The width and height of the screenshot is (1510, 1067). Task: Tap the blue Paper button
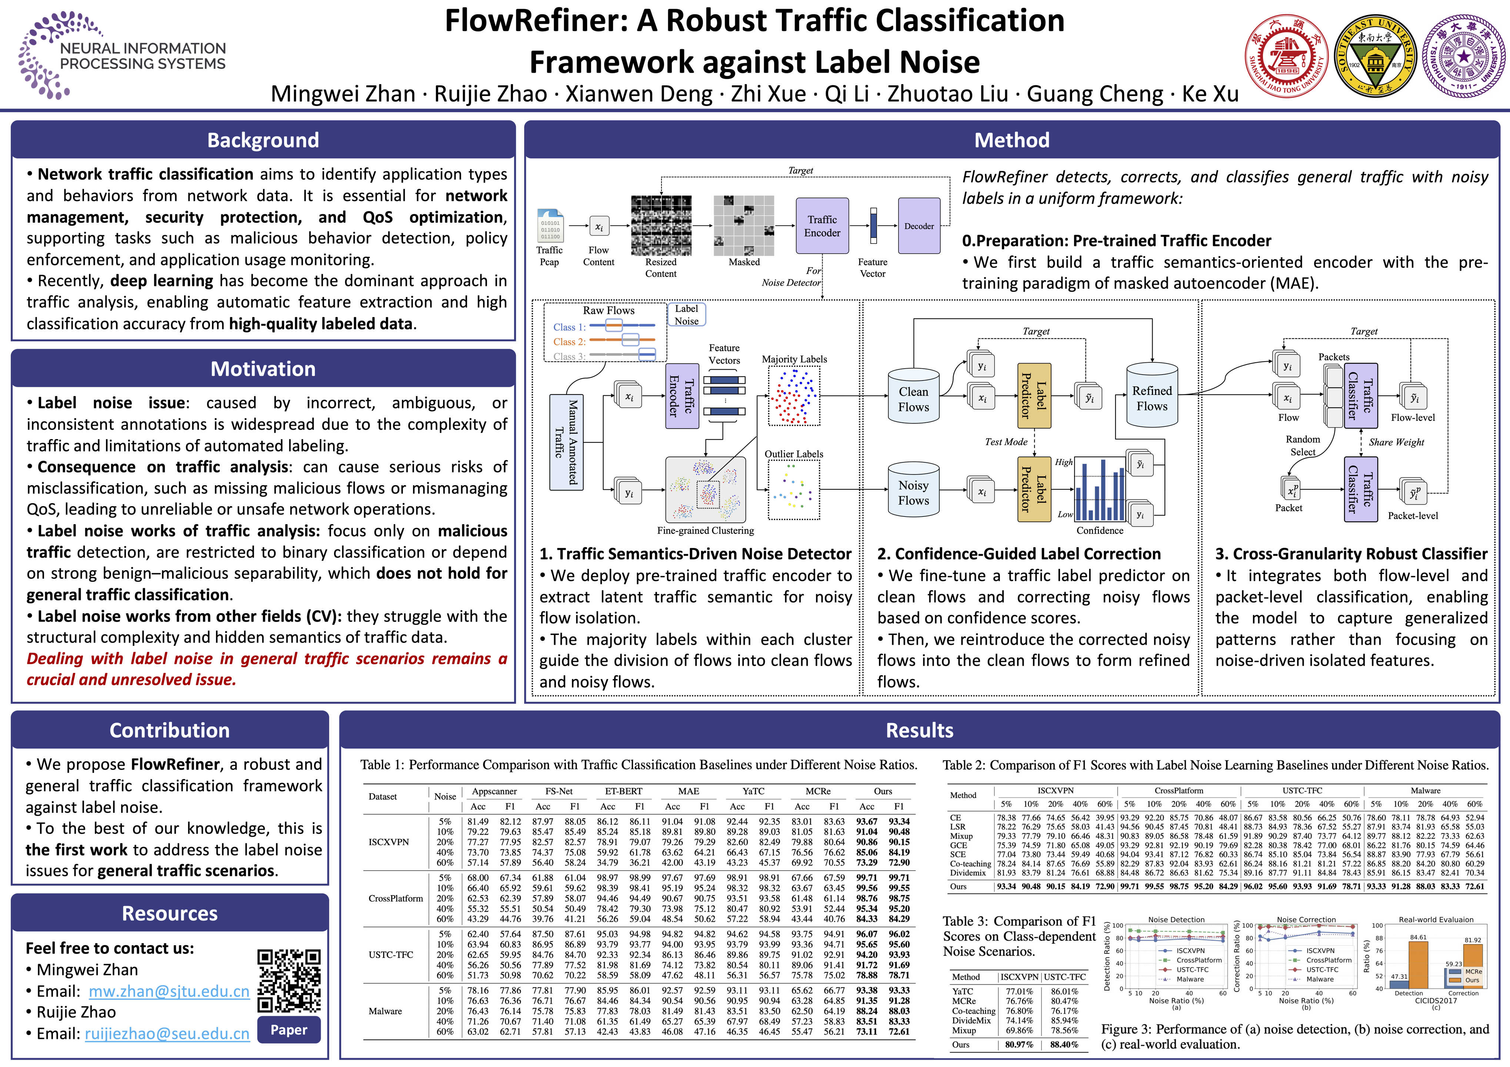(289, 1030)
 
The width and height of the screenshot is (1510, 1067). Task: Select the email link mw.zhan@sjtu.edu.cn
(169, 991)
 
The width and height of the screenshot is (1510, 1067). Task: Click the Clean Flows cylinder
(913, 398)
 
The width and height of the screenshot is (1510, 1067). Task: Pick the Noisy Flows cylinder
(913, 492)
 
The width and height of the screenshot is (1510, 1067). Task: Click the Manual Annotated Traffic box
(566, 442)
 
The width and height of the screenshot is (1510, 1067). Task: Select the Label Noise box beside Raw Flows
(687, 315)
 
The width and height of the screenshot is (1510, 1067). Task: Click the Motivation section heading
(263, 369)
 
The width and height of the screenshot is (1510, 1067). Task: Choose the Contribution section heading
(170, 730)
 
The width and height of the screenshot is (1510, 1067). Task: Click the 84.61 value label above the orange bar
(1419, 937)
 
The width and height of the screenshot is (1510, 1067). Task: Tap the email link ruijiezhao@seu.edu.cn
(167, 1033)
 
